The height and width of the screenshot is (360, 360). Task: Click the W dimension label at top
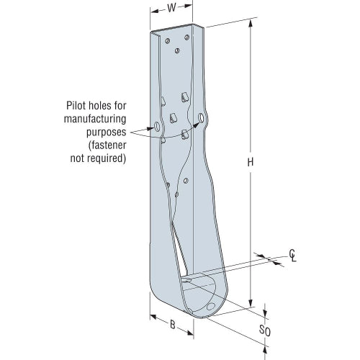171,10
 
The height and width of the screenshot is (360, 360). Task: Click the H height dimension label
250,163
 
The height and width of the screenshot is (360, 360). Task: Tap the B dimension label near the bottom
172,324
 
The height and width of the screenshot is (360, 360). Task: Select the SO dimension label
264,332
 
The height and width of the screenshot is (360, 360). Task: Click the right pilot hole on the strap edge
202,116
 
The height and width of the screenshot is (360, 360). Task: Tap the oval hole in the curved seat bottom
210,305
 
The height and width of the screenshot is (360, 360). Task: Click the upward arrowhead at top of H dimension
250,21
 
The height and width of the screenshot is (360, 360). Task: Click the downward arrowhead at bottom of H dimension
250,304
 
